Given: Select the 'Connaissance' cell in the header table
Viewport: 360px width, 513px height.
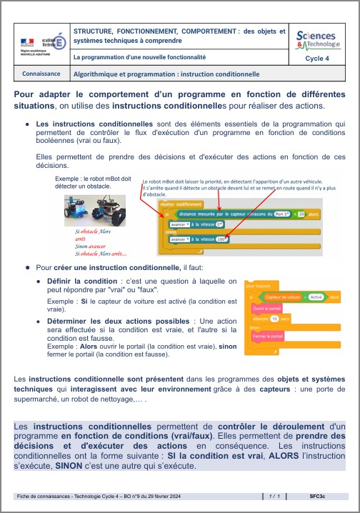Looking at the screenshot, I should pyautogui.click(x=41, y=74).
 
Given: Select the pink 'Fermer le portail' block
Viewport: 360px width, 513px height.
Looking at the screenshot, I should pyautogui.click(x=266, y=335).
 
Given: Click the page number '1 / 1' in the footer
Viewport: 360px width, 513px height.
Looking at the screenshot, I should pyautogui.click(x=272, y=494).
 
